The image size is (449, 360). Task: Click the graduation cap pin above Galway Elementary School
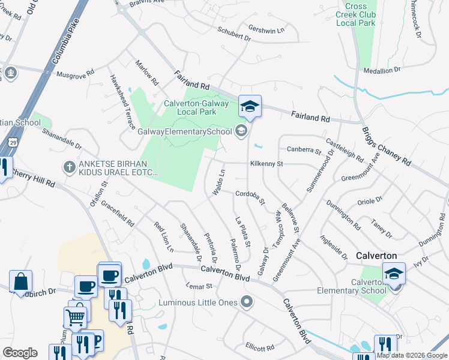250,107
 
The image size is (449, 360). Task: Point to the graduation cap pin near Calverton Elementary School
394,273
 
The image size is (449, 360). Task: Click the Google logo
20,353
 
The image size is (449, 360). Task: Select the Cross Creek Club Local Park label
360,14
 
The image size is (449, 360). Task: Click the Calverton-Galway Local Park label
197,107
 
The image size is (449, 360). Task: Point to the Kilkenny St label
267,163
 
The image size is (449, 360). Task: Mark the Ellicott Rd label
259,347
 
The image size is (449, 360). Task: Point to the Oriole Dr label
369,202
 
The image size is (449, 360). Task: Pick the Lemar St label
200,286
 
